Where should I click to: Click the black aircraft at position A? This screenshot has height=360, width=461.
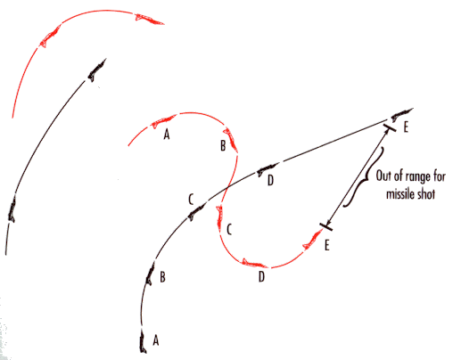(143, 342)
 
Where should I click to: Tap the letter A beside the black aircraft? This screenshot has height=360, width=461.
(156, 340)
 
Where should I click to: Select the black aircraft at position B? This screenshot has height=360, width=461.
(150, 274)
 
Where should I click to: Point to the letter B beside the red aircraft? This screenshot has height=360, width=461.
(223, 145)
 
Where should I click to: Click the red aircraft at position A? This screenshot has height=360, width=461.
(163, 121)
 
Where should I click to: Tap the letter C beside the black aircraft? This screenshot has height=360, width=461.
(191, 199)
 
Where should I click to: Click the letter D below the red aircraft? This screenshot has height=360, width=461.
(261, 276)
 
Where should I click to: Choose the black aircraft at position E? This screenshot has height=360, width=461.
(401, 114)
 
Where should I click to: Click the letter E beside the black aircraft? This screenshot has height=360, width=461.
(406, 127)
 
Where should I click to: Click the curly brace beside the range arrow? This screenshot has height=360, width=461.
(363, 177)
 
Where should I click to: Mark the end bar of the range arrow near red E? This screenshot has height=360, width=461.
(326, 226)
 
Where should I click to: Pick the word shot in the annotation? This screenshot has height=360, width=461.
(425, 193)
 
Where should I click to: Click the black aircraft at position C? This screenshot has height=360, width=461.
(196, 212)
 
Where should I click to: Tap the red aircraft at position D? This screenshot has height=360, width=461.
(255, 263)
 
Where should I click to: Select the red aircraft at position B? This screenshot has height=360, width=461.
(231, 141)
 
